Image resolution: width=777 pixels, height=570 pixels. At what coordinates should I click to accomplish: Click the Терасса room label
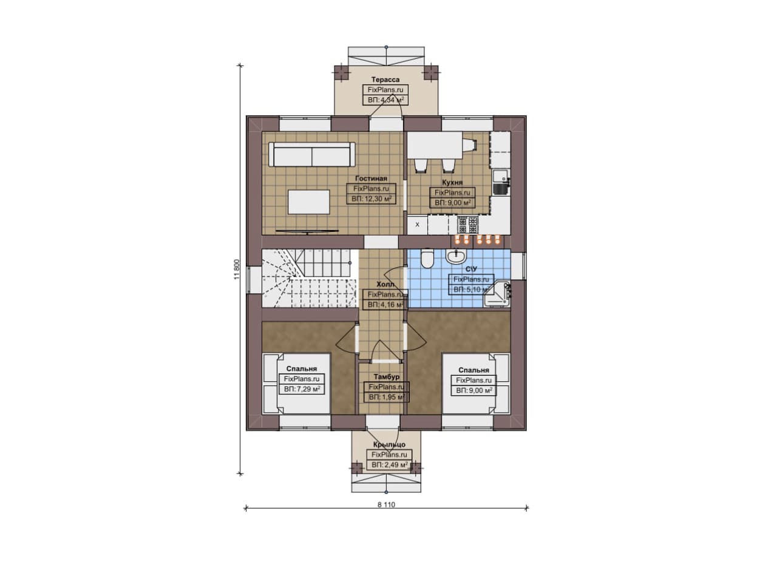[385, 80]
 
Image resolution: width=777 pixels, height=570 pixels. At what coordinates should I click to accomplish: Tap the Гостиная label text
[371, 178]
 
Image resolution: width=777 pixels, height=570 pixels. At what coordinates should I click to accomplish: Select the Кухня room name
[452, 183]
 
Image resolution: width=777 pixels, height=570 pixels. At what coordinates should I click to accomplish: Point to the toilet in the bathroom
[427, 258]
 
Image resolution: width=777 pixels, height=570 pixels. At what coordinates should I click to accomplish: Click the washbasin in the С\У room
[456, 256]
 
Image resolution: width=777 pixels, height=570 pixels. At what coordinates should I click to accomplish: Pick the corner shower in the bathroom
[497, 294]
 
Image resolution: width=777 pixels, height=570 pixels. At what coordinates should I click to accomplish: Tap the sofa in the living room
[312, 154]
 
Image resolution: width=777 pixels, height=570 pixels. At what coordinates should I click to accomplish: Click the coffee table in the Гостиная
[309, 202]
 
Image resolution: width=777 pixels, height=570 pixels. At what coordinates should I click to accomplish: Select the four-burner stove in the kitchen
[467, 225]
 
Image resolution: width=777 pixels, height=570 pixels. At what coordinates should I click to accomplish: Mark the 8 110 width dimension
[386, 505]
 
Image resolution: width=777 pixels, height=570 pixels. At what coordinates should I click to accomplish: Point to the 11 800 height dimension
[237, 270]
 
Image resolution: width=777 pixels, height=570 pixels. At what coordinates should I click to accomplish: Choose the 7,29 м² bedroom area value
[307, 389]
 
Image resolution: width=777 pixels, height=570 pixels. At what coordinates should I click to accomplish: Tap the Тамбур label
[387, 377]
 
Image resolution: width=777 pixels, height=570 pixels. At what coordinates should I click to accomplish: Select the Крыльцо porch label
[389, 444]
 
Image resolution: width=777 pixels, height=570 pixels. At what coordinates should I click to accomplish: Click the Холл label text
[385, 285]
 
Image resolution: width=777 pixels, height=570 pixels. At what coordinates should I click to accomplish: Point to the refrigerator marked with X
[417, 225]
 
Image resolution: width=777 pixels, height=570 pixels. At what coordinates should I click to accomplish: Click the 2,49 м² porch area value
[395, 465]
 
